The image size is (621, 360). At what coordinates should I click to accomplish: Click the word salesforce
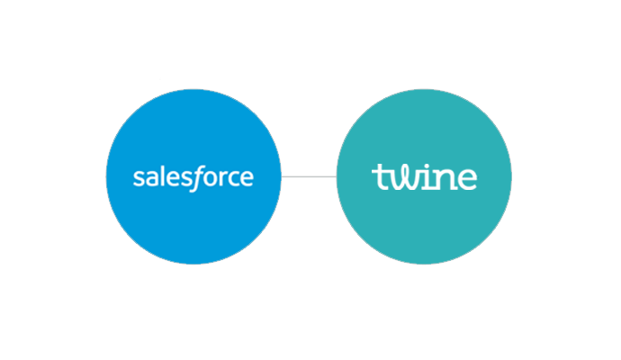pyautogui.click(x=193, y=178)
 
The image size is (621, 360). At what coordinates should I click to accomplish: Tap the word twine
pyautogui.click(x=424, y=176)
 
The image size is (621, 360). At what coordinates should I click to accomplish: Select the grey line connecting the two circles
pyautogui.click(x=309, y=176)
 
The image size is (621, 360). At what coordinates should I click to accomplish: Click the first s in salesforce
pyautogui.click(x=139, y=178)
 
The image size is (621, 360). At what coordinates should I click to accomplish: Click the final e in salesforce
pyautogui.click(x=247, y=178)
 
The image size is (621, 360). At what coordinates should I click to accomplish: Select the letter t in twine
pyautogui.click(x=380, y=177)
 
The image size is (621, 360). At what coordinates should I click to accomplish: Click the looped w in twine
pyautogui.click(x=405, y=178)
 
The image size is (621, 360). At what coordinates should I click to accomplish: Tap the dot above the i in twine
pyautogui.click(x=427, y=165)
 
